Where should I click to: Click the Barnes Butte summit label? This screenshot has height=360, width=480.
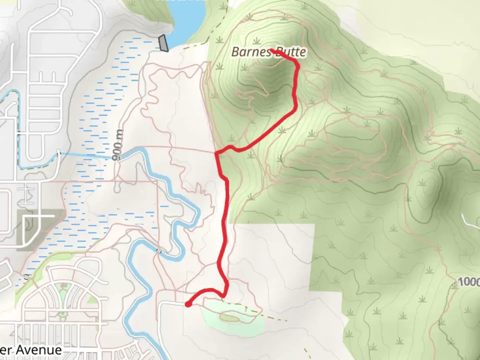pyautogui.click(x=268, y=52)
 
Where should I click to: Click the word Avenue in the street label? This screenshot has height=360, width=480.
pyautogui.click(x=39, y=350)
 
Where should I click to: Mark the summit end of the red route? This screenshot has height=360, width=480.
pyautogui.click(x=272, y=50)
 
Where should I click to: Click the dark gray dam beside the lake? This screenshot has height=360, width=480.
pyautogui.click(x=163, y=43)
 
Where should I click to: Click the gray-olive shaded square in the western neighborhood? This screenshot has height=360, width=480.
pyautogui.click(x=40, y=230)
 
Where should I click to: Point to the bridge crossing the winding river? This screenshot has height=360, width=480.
pyautogui.click(x=159, y=251)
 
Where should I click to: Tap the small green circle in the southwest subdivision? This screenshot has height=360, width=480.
pyautogui.click(x=62, y=314)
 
